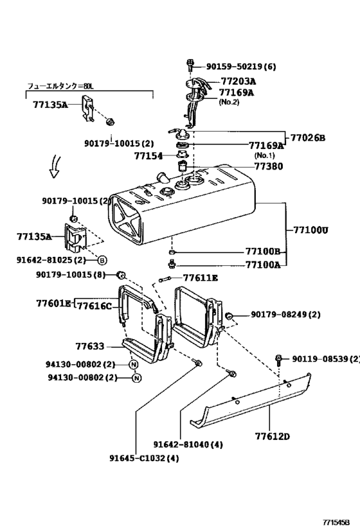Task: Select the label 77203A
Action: (238, 82)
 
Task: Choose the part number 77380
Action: (267, 165)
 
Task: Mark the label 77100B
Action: (262, 252)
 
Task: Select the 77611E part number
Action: (201, 278)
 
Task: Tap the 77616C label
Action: (94, 306)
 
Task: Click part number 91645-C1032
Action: (144, 458)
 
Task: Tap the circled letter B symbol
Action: (102, 260)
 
